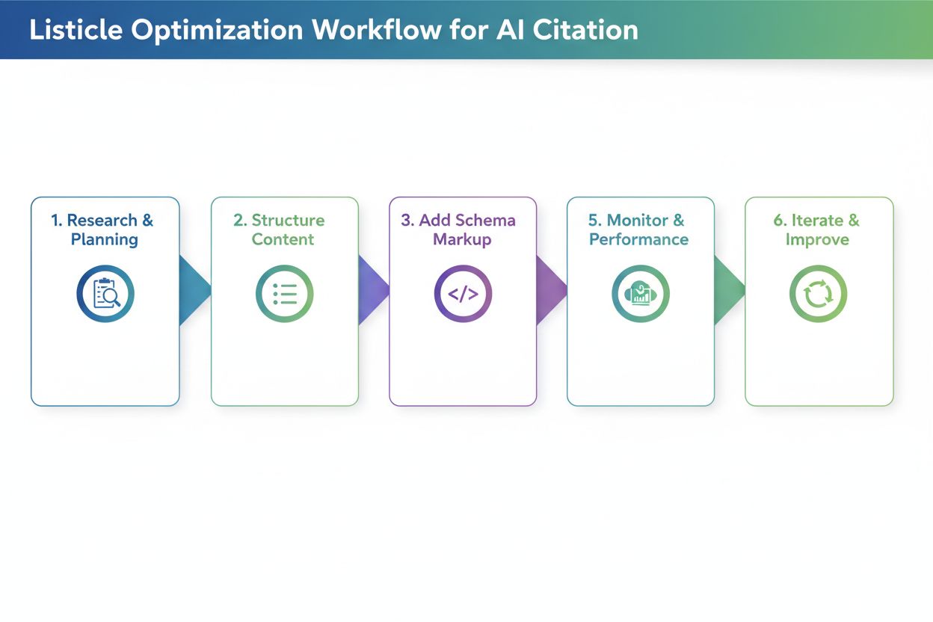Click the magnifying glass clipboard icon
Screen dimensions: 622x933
pos(105,295)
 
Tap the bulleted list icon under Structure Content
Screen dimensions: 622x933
pos(285,295)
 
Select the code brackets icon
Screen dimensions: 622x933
pos(463,295)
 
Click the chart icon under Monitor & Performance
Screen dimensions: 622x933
pos(641,295)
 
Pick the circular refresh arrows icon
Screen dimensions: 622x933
pos(819,295)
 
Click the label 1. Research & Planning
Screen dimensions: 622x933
pos(104,230)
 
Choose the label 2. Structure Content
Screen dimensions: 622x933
pos(283,230)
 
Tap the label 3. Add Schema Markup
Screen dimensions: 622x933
pos(462,230)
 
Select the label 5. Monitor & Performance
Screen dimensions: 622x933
pos(639,230)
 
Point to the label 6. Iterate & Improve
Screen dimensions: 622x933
pos(817,230)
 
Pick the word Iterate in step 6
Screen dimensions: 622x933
pos(816,221)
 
